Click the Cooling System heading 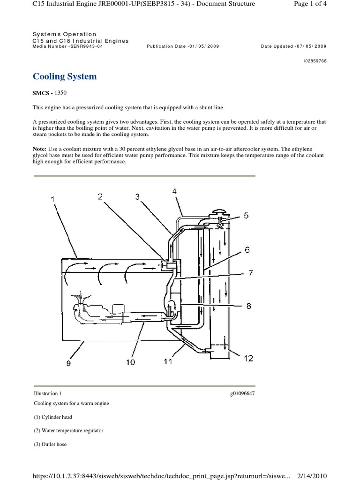[x=65, y=76]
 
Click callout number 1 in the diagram [x=53, y=200]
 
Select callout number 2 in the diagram [x=100, y=197]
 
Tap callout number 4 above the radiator [x=174, y=191]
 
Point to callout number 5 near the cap [x=246, y=216]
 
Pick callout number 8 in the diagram [x=248, y=306]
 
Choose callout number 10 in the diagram [x=130, y=362]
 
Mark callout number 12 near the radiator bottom [x=248, y=359]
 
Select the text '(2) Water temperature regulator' [x=68, y=430]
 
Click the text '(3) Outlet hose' [x=50, y=444]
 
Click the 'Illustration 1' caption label [x=47, y=393]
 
